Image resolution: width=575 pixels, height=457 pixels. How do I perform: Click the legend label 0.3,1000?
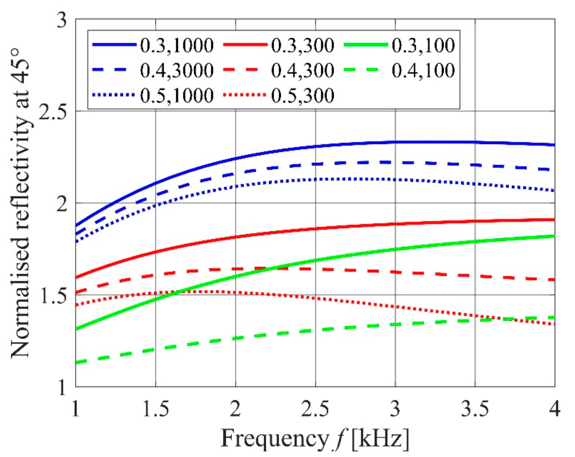coord(177,46)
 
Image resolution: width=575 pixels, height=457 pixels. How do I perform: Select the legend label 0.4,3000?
coord(177,71)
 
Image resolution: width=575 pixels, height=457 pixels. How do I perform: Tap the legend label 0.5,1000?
coord(177,96)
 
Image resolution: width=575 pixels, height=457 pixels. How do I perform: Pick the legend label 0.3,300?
coord(303,46)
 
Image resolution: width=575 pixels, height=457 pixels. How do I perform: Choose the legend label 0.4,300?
coord(303,71)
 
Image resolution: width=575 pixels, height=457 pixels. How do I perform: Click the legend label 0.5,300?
coord(303,96)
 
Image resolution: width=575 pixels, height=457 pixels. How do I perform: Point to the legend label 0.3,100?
coord(423,46)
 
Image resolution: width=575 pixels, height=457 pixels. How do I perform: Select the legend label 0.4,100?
coord(423,71)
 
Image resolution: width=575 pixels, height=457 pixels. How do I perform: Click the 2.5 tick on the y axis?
coord(52,112)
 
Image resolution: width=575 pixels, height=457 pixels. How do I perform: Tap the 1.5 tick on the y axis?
coord(52,296)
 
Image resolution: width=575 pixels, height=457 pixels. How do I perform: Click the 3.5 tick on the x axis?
coord(475,409)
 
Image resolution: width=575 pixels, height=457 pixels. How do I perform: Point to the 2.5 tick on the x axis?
coord(315,409)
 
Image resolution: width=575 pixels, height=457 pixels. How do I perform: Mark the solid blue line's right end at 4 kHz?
coord(555,145)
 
